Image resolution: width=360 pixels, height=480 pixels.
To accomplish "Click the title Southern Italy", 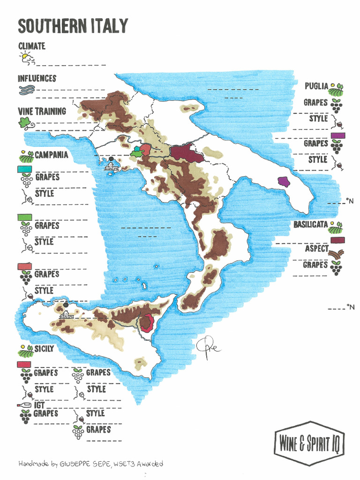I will (73, 26).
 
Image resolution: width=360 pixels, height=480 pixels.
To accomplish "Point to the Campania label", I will (51, 155).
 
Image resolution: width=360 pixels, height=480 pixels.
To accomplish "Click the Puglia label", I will (316, 86).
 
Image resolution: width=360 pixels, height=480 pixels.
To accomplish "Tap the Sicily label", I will (44, 349).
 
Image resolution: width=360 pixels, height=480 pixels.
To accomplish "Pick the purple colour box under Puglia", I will (337, 135).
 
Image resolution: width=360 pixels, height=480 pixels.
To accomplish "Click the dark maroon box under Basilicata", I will (337, 240).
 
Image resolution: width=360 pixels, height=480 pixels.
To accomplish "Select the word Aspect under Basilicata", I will (316, 249).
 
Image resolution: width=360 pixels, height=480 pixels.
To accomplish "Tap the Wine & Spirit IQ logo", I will (309, 443).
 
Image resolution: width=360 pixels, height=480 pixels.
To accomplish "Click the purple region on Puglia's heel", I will (284, 182).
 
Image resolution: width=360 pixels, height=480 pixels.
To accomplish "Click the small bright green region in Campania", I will (136, 152).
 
